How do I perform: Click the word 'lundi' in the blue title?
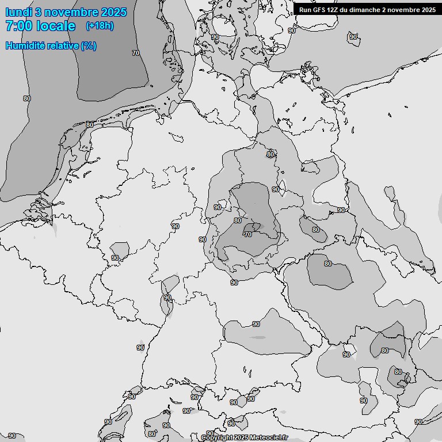point(18,12)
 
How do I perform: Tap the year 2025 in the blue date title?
point(113,12)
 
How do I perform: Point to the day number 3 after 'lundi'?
point(39,12)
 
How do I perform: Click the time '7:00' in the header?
point(18,26)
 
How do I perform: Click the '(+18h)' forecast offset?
point(100,25)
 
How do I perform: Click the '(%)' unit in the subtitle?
point(89,45)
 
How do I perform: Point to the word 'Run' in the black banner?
point(305,10)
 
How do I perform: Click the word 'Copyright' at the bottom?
point(216,437)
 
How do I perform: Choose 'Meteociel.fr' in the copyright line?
point(268,437)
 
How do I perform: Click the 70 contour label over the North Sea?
point(136,53)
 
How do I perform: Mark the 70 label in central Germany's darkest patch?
point(248,235)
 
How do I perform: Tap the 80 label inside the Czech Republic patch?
point(327,264)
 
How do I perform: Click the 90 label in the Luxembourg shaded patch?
point(115,258)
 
